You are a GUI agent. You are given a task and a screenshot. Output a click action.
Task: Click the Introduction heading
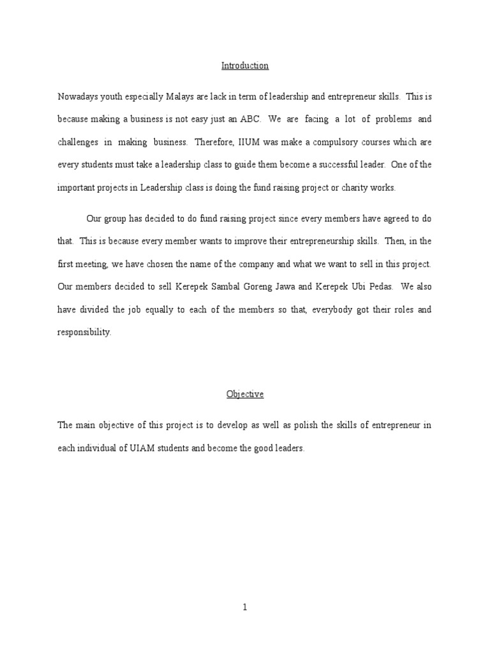pyautogui.click(x=245, y=66)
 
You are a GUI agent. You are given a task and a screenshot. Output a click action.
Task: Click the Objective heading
pyautogui.click(x=245, y=394)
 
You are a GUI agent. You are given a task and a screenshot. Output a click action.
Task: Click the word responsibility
pyautogui.click(x=84, y=332)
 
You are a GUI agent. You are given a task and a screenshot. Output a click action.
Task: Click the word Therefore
pyautogui.click(x=215, y=142)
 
